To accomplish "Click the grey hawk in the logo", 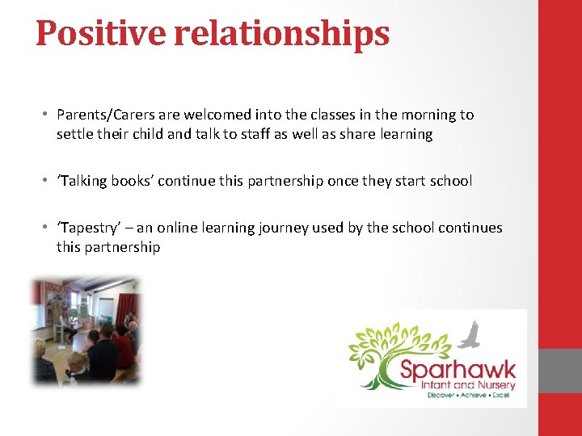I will pyautogui.click(x=470, y=334).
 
